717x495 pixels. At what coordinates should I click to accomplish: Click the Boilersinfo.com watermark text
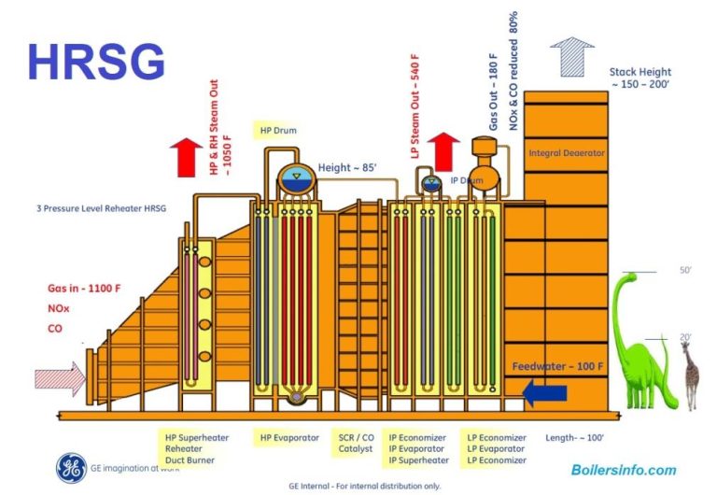click(x=623, y=470)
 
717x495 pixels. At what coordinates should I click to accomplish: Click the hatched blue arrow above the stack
click(x=571, y=56)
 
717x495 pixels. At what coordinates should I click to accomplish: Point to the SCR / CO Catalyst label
click(x=356, y=443)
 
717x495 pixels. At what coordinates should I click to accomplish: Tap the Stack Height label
click(x=640, y=78)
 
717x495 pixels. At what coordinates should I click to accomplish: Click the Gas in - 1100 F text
click(x=84, y=289)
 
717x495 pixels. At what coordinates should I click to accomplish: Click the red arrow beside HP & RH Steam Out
click(x=188, y=154)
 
